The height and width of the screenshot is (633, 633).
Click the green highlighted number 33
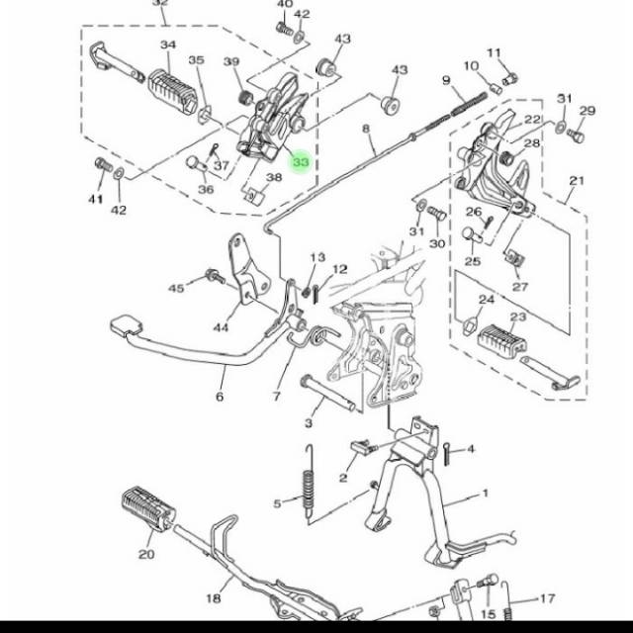(301, 161)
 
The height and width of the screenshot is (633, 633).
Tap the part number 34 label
(168, 45)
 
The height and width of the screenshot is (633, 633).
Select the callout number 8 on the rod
(365, 129)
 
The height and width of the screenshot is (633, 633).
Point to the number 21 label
(577, 181)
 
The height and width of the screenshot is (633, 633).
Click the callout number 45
(176, 288)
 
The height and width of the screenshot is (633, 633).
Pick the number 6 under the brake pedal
(220, 397)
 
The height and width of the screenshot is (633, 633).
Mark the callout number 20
(146, 554)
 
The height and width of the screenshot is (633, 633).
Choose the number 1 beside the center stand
(486, 493)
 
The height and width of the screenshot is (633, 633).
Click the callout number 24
(486, 300)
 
